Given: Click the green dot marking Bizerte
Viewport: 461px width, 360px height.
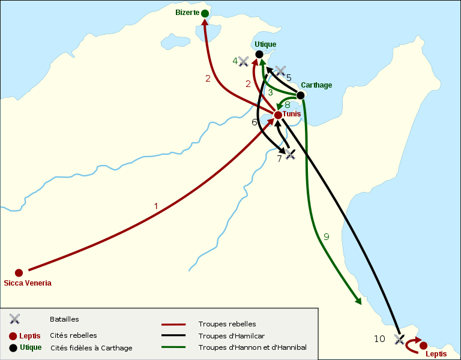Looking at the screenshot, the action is click(205, 13).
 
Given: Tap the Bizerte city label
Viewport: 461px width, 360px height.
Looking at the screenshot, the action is click(187, 13).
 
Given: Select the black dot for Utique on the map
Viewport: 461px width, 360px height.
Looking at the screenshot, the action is click(259, 55).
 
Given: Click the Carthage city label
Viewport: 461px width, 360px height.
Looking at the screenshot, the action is click(316, 85).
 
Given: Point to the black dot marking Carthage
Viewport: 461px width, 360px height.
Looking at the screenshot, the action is click(301, 95).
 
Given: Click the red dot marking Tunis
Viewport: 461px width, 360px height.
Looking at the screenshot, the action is click(278, 115).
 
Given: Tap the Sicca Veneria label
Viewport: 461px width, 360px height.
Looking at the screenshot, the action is click(28, 283).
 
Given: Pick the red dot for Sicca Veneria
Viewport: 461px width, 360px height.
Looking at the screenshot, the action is click(19, 272).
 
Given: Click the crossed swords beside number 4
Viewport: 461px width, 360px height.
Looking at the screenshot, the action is click(243, 61).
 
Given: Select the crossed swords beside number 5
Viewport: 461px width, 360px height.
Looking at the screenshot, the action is click(280, 71).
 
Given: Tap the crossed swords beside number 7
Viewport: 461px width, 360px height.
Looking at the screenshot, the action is click(291, 154).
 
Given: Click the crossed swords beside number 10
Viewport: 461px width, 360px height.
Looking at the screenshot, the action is click(399, 340).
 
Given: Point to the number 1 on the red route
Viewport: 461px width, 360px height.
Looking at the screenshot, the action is click(156, 206).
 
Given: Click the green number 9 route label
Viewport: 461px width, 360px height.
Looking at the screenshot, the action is click(326, 237).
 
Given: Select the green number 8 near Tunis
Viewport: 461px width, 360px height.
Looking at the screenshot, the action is click(288, 104).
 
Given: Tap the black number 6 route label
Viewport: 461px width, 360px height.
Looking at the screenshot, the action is click(255, 122).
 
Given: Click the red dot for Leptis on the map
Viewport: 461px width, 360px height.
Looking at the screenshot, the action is click(423, 345).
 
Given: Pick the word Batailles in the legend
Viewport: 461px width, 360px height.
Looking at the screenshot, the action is click(64, 319).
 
